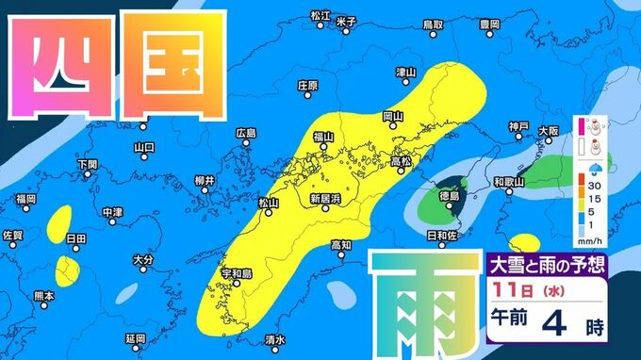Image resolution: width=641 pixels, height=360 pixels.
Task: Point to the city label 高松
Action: point(401,161)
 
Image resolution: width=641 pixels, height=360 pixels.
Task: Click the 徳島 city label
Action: point(450,195)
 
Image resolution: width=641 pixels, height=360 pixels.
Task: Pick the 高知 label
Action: point(340,245)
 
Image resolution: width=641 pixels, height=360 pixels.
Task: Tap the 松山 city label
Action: point(269,202)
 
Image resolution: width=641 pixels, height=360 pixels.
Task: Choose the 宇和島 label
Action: point(237,273)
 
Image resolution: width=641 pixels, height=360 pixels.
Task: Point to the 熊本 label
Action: point(43,295)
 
